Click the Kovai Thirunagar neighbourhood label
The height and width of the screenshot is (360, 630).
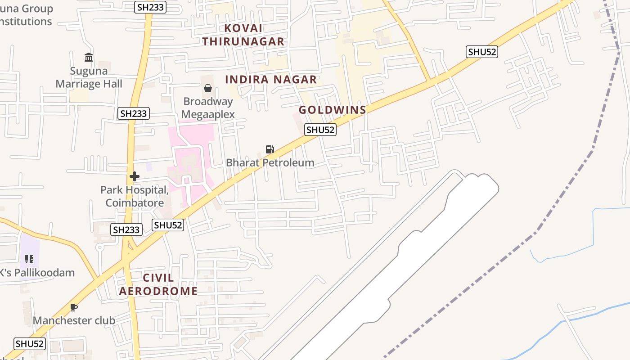(x=243, y=35)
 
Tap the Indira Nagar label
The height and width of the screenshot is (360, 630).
(x=271, y=80)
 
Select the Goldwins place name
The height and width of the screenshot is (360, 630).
(x=333, y=110)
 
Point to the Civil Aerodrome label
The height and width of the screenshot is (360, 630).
(x=158, y=284)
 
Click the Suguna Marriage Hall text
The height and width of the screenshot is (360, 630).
(x=89, y=77)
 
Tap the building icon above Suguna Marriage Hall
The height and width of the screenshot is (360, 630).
(x=89, y=58)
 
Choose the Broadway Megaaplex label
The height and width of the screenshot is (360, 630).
(x=208, y=108)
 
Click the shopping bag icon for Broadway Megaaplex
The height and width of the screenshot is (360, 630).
(x=208, y=88)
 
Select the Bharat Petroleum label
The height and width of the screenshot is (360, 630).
(x=270, y=162)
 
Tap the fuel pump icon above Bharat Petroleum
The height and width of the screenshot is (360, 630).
(x=270, y=149)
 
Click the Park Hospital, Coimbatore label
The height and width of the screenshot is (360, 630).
(x=135, y=196)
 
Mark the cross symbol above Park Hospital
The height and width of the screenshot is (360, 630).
(x=135, y=176)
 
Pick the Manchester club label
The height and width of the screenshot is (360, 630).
(x=74, y=320)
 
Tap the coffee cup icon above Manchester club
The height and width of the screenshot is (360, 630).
(x=74, y=307)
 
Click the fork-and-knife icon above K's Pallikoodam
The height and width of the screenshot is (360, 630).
(x=29, y=259)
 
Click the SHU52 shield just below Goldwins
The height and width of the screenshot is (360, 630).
(x=320, y=130)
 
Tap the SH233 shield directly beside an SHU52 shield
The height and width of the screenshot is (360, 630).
(x=126, y=229)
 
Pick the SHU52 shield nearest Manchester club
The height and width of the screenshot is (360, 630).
(x=30, y=344)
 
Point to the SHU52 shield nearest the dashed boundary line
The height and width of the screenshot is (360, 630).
(x=482, y=52)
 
